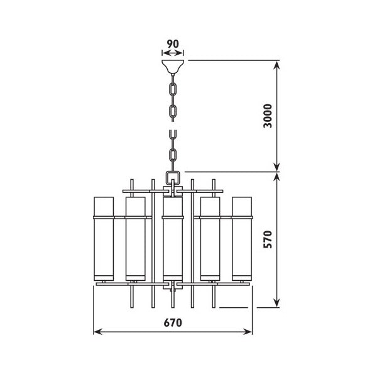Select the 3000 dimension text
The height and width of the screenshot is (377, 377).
pos(268,116)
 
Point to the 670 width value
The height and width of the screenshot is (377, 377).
pos(173,323)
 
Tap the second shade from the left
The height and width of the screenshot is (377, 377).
pos(135,239)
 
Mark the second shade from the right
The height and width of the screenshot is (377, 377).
pos(209,239)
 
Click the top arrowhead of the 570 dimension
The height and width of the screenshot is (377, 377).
pos(278,177)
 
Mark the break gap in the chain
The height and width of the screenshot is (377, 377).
pos(172,124)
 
